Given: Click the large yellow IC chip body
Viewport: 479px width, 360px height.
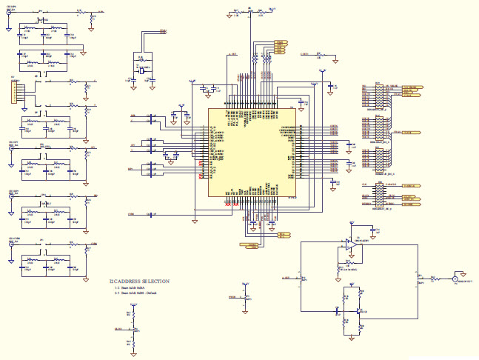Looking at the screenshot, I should coord(252,153).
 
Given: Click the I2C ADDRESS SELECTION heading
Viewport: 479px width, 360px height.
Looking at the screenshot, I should coord(141,281).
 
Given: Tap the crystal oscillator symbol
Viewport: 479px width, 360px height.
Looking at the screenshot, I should coord(138,69).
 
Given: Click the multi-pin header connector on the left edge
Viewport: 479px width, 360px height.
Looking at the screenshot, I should coord(13,92).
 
